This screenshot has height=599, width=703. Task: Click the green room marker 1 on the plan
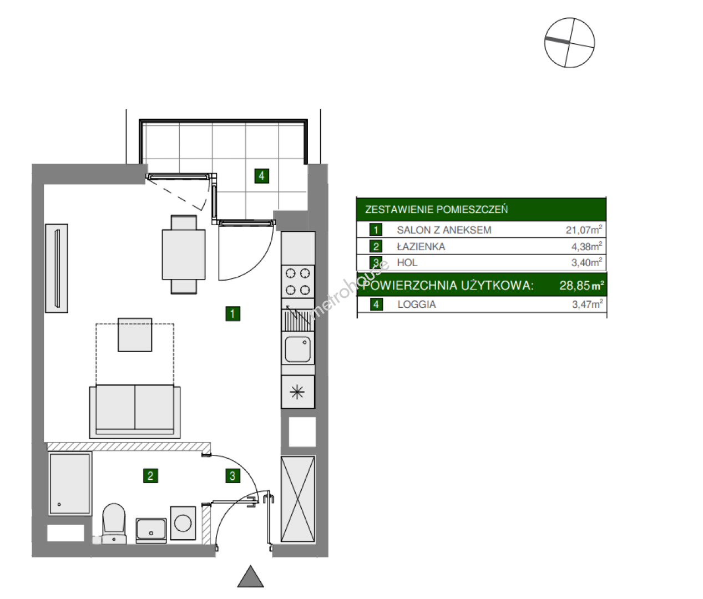click(232, 313)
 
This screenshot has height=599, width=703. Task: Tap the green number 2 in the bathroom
click(150, 476)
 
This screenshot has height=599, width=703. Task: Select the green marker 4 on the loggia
click(261, 176)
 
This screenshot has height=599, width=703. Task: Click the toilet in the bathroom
click(114, 523)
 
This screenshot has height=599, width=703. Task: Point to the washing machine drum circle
click(183, 523)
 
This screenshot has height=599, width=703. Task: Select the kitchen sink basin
click(297, 349)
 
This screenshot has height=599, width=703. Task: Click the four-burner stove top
click(298, 282)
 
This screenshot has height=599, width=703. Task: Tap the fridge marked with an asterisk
click(297, 392)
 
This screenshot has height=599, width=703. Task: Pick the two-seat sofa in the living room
click(135, 412)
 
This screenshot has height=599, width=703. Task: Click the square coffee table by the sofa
click(135, 334)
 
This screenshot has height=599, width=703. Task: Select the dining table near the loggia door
click(184, 254)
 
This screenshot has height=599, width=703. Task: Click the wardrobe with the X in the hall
click(297, 499)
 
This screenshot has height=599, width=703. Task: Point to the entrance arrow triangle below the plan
click(251, 577)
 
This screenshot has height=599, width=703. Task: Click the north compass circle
click(569, 43)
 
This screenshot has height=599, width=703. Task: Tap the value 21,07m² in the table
click(584, 230)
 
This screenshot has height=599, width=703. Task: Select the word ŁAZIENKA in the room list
click(421, 246)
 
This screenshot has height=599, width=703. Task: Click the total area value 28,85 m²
click(581, 285)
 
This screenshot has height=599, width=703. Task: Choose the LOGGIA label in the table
click(417, 304)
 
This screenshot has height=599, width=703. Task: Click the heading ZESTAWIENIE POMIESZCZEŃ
click(436, 209)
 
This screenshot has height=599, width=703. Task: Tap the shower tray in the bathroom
click(70, 484)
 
